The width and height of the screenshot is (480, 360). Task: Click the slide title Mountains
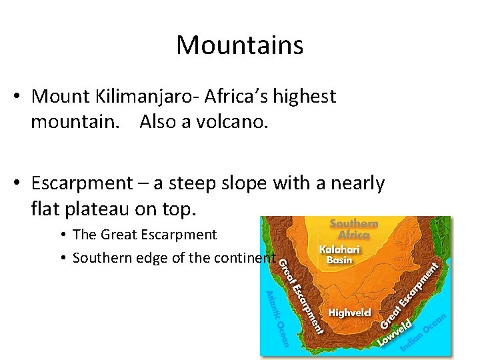point(240,45)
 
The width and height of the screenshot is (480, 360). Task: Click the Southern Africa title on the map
point(354,229)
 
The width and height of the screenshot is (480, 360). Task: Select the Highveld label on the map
point(349,313)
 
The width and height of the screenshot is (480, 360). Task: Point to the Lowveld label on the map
point(395,333)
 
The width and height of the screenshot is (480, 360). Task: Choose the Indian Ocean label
point(424,334)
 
